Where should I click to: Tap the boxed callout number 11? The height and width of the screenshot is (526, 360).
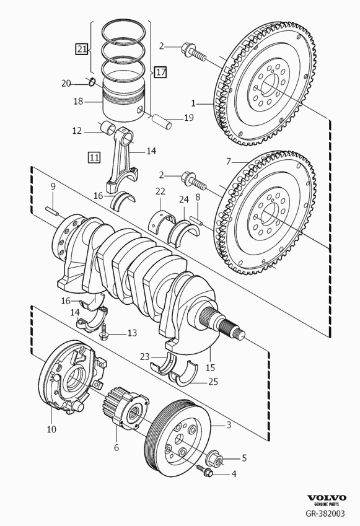coord(94,157)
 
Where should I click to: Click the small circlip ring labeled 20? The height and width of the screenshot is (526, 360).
coord(91,83)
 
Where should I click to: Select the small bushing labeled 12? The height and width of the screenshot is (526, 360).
coord(109,129)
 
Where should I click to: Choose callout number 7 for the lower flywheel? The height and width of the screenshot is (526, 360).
coord(228,161)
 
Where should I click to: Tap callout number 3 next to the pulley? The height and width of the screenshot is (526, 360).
coord(229,425)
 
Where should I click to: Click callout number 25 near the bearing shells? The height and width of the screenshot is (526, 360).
coord(213,382)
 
